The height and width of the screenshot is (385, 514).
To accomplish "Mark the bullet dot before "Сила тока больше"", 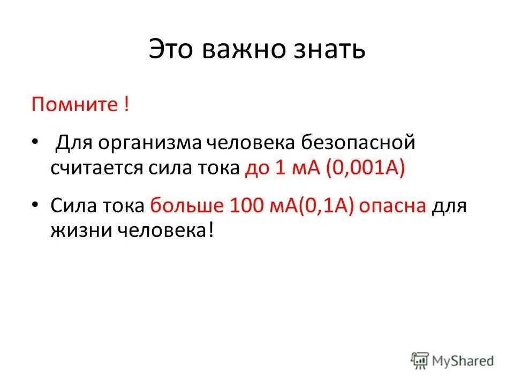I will coord(35,205).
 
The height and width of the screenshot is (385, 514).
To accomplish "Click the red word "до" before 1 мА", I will coord(257,169).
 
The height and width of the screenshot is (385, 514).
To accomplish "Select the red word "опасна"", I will coord(392,205).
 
